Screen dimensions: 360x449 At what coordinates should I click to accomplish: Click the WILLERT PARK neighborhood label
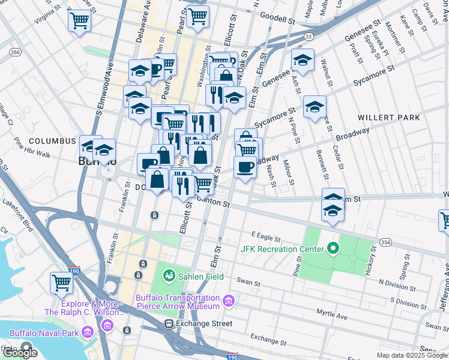tap(388, 118)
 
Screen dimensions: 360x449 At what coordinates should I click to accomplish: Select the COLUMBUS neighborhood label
tap(52, 141)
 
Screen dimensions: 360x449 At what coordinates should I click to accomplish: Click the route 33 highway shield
tap(308, 37)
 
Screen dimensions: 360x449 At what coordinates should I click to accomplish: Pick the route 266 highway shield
tap(15, 53)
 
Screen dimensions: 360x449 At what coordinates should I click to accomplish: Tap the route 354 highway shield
tap(386, 242)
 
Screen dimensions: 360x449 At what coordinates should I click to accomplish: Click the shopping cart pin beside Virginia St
tap(79, 21)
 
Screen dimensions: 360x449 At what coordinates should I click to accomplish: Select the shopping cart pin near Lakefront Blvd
tap(61, 282)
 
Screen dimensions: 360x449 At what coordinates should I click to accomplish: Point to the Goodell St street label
tap(279, 19)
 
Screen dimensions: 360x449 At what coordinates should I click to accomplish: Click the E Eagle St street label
tap(266, 234)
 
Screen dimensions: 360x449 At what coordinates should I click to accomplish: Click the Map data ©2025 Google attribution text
tap(411, 355)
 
